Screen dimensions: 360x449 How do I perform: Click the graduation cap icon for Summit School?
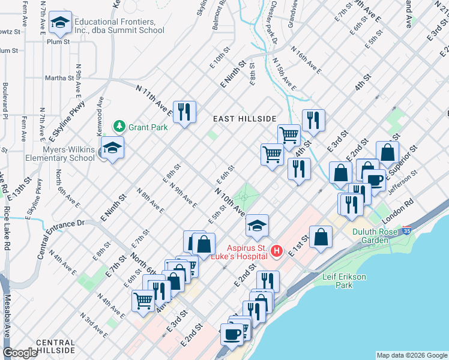59,22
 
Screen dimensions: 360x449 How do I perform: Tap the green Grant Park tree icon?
119,126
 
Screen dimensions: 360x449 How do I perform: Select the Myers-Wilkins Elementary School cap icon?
112,148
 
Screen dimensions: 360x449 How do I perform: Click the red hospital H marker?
276,250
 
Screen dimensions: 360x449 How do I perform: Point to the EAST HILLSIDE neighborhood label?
245,119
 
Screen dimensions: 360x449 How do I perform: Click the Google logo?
20,353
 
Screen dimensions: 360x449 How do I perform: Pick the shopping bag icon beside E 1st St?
322,235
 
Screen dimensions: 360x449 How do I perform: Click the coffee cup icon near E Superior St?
375,179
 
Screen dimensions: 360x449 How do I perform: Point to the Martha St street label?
59,77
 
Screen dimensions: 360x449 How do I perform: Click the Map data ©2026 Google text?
411,355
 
